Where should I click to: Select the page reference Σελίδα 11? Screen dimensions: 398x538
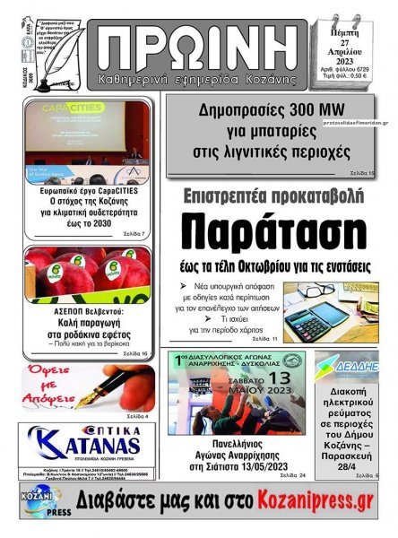point(265,340)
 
